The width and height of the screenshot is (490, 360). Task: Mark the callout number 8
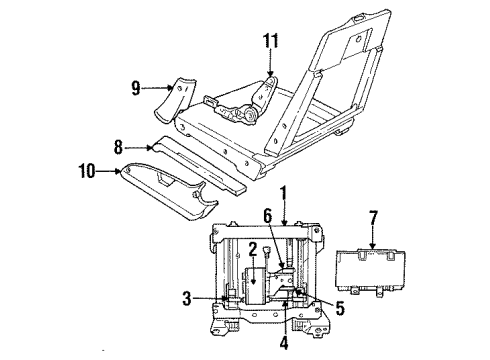pyautogui.click(x=118, y=147)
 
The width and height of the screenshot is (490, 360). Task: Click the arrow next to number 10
pyautogui.click(x=109, y=172)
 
